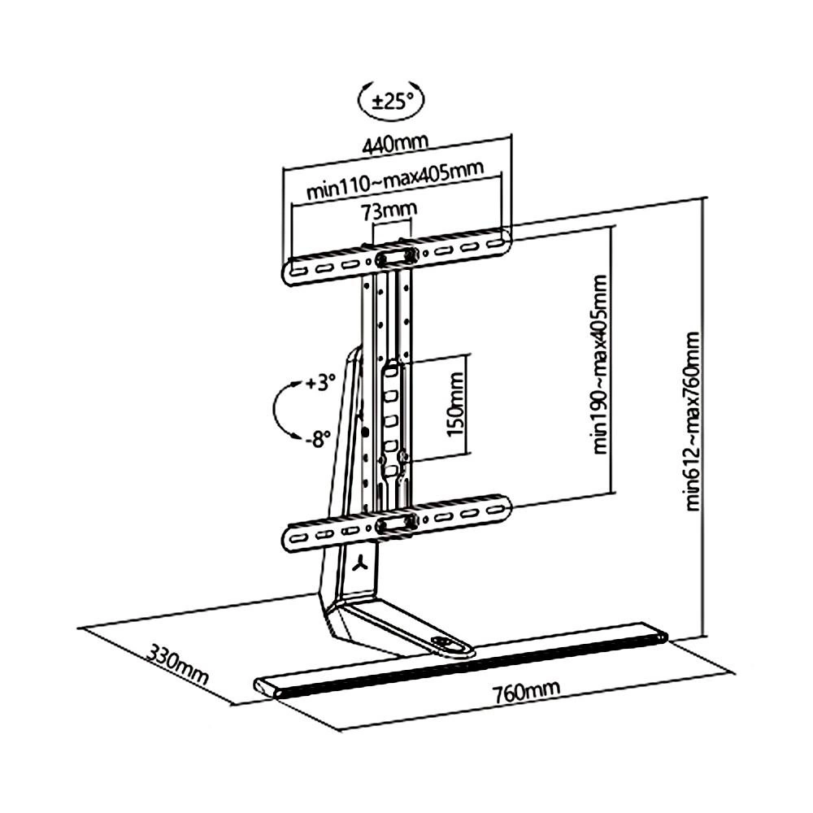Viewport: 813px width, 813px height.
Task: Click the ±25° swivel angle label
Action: (x=393, y=101)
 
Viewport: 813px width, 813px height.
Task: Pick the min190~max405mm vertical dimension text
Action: (x=602, y=363)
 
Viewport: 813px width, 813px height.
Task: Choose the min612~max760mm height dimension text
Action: (x=693, y=420)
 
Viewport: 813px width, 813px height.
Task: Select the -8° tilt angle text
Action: (x=318, y=440)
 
